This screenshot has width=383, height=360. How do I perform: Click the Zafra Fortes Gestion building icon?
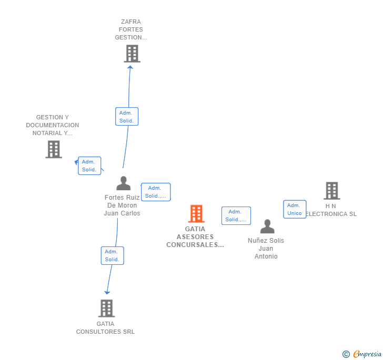[x=132, y=53]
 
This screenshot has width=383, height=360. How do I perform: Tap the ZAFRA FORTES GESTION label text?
[x=131, y=29]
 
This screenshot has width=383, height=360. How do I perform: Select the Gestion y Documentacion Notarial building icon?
[x=54, y=149]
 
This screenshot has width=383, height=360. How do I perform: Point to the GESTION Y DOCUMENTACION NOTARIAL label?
[x=53, y=125]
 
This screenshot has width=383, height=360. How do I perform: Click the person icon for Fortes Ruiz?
[x=123, y=183]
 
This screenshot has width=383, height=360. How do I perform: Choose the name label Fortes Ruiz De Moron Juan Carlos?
[x=122, y=205]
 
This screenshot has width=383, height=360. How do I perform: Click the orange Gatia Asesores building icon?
[x=196, y=213]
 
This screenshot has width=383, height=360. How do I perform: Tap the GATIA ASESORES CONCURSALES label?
[x=195, y=237]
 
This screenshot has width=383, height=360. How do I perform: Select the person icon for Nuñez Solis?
[x=267, y=227]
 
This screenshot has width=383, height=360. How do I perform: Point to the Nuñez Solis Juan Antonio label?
[x=266, y=248]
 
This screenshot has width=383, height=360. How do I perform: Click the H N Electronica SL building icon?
[x=331, y=190]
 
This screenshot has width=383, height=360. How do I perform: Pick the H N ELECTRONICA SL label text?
[x=331, y=210]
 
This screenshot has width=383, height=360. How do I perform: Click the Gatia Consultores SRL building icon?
[x=106, y=308]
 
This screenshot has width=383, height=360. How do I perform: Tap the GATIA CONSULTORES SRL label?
[x=105, y=328]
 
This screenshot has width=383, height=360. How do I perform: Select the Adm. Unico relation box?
[x=295, y=209]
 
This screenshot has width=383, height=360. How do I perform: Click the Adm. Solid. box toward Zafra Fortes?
[x=127, y=117]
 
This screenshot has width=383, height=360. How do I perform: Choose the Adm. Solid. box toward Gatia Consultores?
[x=112, y=255]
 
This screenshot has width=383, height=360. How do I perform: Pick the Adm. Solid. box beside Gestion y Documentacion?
[x=89, y=166]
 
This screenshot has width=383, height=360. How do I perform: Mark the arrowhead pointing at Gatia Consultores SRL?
[x=107, y=292]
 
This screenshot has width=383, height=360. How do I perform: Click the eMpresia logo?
[x=362, y=354]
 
